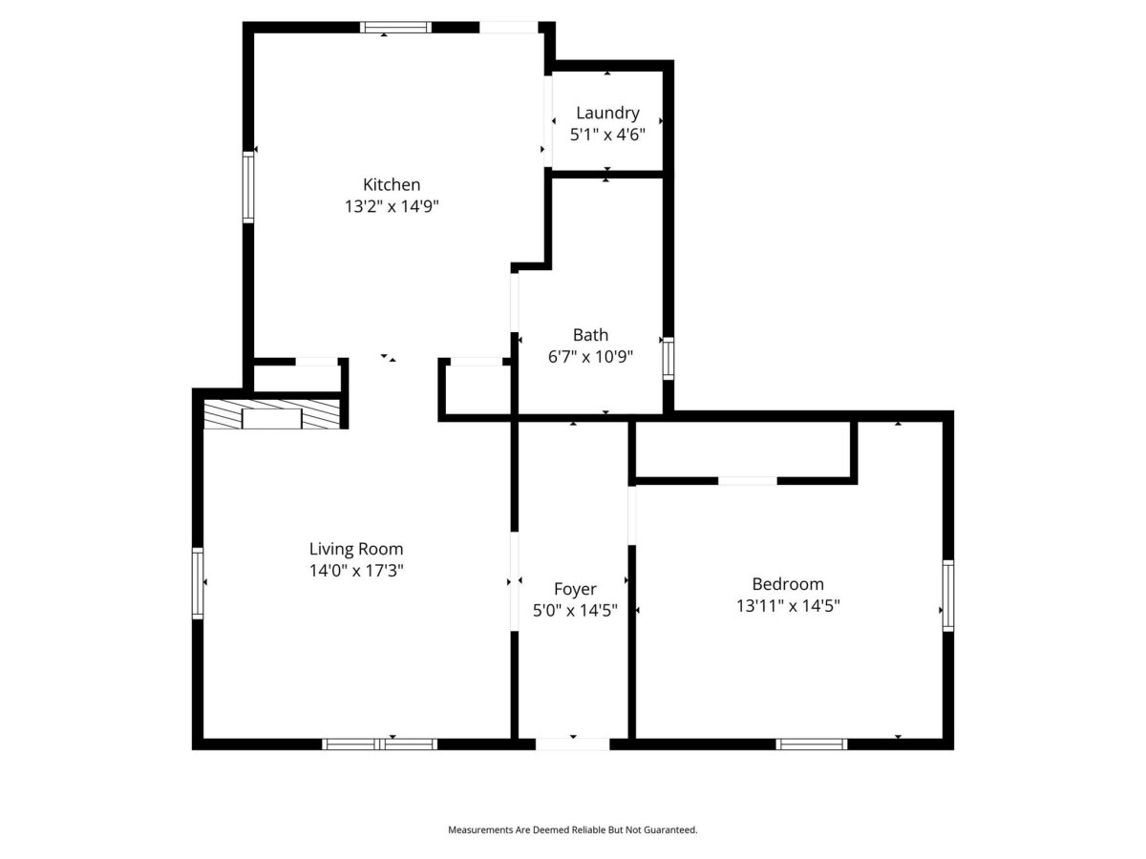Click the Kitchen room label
point(391,184)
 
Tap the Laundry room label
point(607,114)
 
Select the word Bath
point(590,335)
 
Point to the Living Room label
point(356,549)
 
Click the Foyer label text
point(575,589)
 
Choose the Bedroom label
point(787,583)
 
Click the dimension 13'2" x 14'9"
point(391,206)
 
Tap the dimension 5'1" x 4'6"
point(607,135)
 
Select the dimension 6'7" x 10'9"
point(590,357)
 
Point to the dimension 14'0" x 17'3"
point(356,571)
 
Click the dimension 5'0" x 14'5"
point(575,610)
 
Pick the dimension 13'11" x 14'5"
point(787,606)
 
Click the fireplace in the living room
point(271,414)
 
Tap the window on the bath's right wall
point(668,358)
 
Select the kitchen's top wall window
point(395,28)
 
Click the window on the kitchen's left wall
point(248,187)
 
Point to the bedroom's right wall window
point(948,596)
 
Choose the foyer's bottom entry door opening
point(572,744)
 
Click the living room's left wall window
point(198,583)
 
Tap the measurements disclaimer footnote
point(573,829)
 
